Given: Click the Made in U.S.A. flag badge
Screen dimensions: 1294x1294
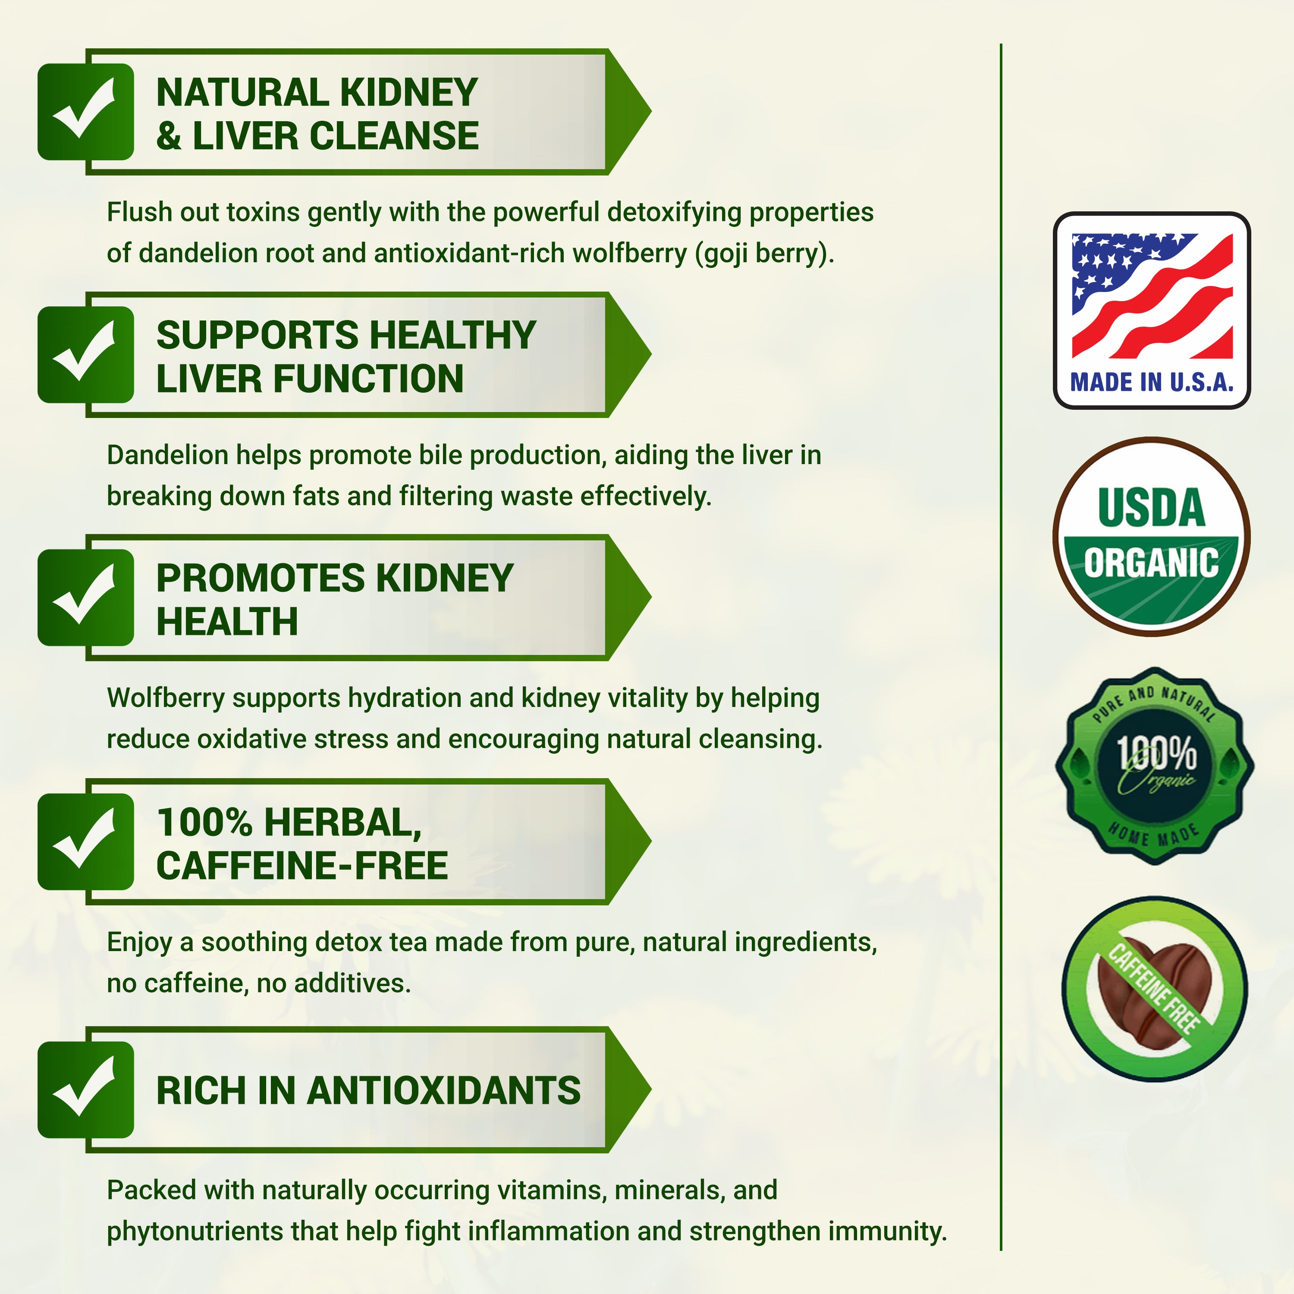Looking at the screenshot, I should [1151, 310].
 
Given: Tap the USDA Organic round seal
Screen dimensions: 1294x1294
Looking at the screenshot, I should [1151, 536].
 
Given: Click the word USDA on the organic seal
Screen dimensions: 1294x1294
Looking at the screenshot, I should [1151, 508].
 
